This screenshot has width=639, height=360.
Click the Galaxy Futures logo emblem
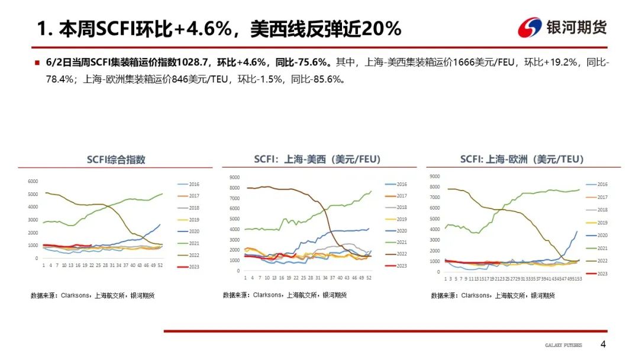(x=530, y=27)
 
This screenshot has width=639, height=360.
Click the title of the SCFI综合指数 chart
(x=116, y=160)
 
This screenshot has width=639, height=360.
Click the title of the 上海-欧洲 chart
(x=522, y=159)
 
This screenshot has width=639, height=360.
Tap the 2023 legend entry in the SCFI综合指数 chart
(x=193, y=267)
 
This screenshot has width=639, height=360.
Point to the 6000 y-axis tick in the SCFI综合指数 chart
(x=33, y=181)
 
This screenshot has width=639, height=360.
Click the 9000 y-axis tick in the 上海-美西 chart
(x=234, y=177)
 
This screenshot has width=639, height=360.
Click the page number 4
(x=603, y=345)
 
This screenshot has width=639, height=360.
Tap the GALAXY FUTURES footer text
(x=563, y=345)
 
